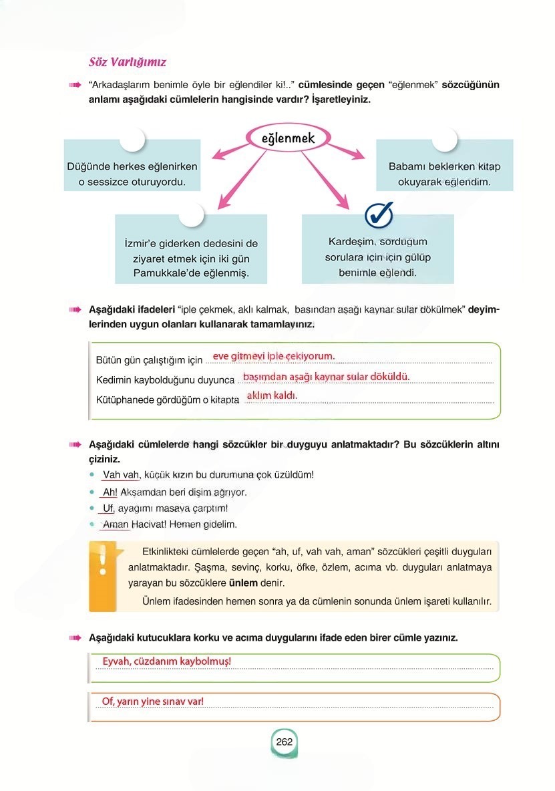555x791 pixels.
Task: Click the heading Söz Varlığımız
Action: click(x=128, y=62)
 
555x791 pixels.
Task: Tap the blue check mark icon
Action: click(x=379, y=216)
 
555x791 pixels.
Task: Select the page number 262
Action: click(x=285, y=742)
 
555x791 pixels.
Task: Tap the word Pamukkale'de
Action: click(x=162, y=273)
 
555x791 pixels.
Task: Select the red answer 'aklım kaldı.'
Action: click(x=272, y=396)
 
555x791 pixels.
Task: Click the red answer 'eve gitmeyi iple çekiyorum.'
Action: click(x=273, y=356)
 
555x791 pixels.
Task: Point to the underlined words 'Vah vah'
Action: click(x=121, y=475)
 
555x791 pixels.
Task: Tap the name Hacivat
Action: click(x=149, y=525)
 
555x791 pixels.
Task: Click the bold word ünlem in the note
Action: click(x=243, y=583)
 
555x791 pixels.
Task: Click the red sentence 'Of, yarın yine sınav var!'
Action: click(x=152, y=701)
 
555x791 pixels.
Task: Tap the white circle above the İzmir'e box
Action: click(x=191, y=215)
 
